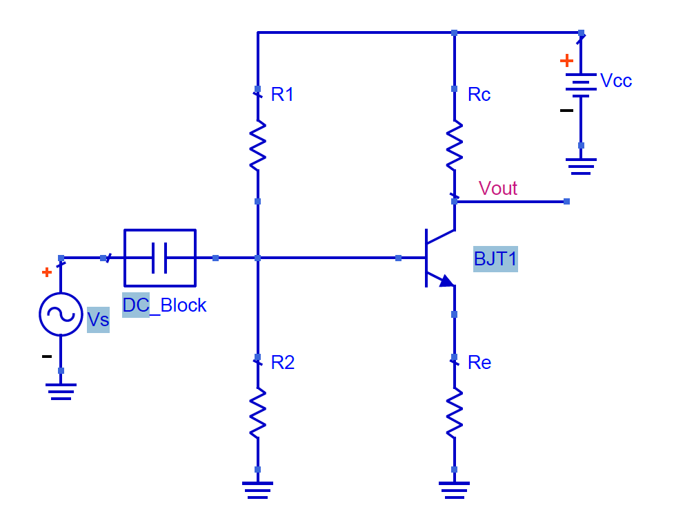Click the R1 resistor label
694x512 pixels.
coord(282,95)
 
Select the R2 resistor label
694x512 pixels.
coord(283,363)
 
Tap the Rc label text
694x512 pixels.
coord(479,95)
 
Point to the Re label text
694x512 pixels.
coord(479,363)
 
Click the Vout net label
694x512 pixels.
coord(497,188)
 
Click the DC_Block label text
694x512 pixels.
coord(164,305)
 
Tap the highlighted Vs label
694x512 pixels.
coord(98,320)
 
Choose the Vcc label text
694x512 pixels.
coord(615,81)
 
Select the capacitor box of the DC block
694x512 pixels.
coord(159,258)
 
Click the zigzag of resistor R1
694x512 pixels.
coord(257,145)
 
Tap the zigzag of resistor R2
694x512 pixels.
coord(257,413)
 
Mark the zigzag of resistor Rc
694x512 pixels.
coord(454,145)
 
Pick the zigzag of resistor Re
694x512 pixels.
coord(454,413)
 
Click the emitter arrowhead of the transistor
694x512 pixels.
coord(446,281)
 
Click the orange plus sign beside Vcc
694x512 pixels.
coord(566,61)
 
